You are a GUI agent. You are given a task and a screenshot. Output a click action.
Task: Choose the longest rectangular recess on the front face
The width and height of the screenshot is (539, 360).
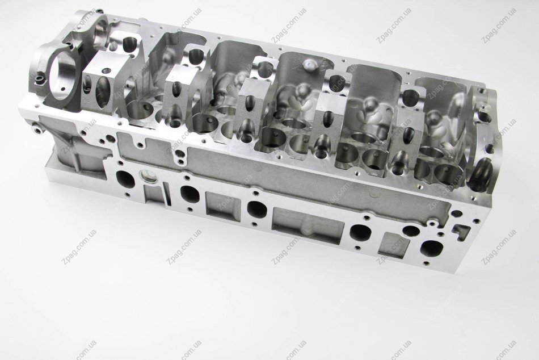(x=308, y=225)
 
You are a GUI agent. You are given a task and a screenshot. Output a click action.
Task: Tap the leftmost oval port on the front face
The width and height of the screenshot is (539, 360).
(x=125, y=179)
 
